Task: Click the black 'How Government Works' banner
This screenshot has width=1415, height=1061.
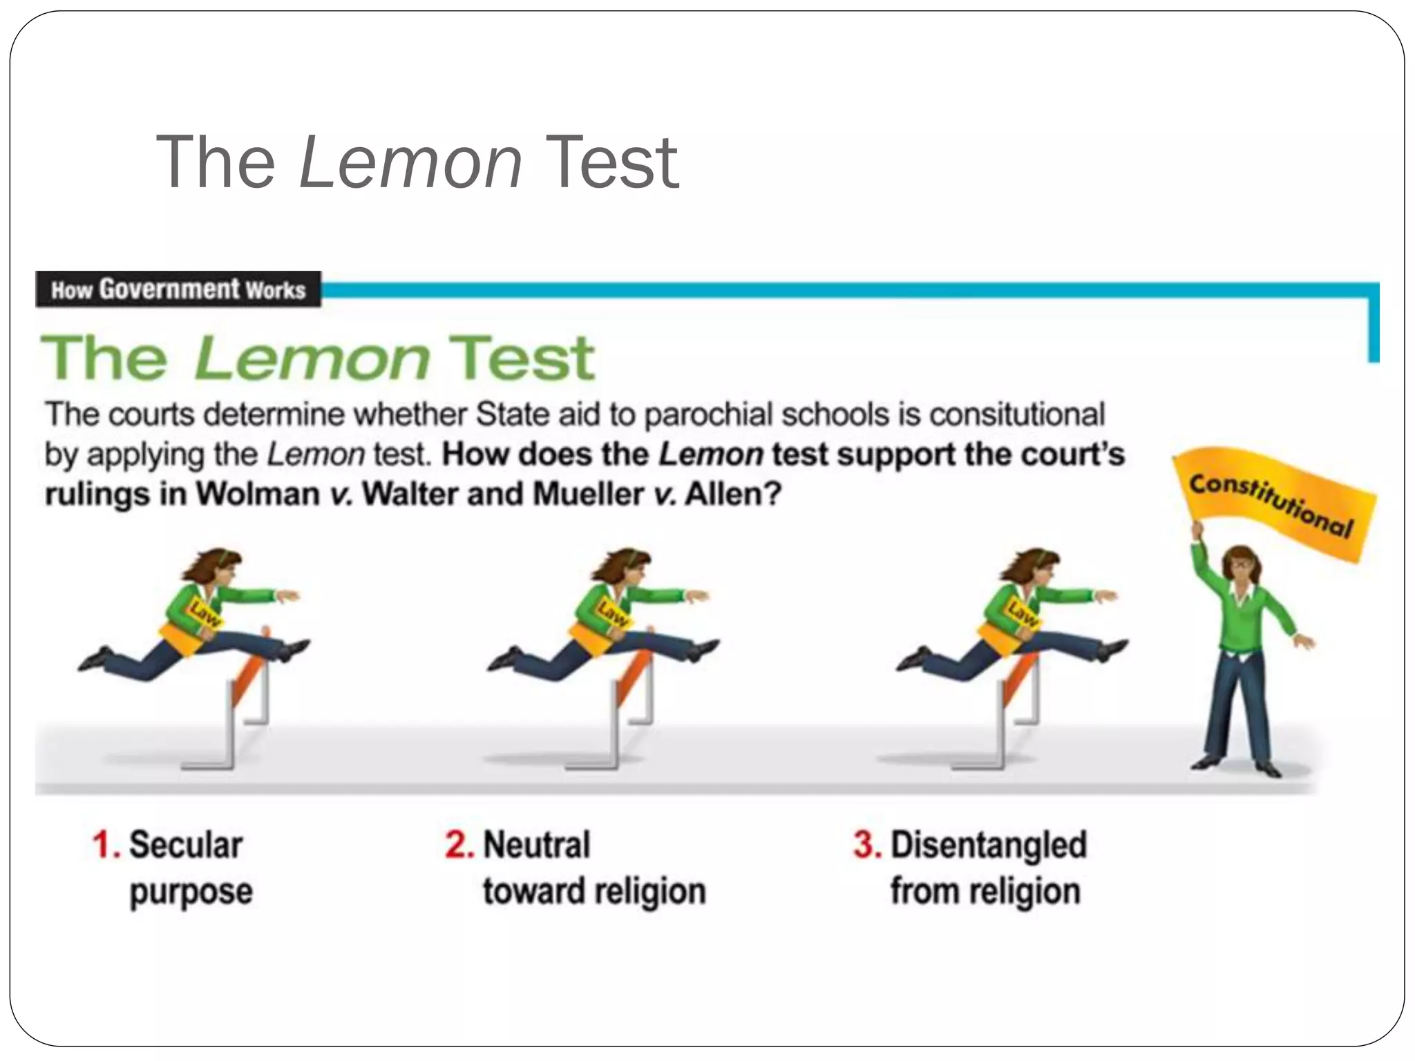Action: (178, 289)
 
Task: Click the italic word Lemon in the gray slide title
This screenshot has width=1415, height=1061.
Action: (410, 163)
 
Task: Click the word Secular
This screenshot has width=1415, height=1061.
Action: (186, 845)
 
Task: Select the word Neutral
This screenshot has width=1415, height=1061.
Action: (537, 845)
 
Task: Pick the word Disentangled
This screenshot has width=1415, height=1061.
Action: (989, 845)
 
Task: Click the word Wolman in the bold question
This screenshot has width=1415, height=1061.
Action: (258, 495)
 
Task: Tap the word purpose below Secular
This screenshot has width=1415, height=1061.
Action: (191, 892)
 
